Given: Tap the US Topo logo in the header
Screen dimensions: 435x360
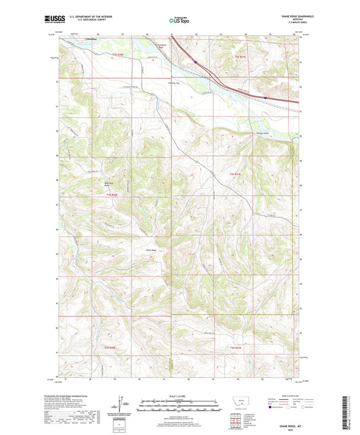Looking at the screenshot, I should tap(179, 21).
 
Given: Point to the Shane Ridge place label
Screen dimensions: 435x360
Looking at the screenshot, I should tap(152, 249).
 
